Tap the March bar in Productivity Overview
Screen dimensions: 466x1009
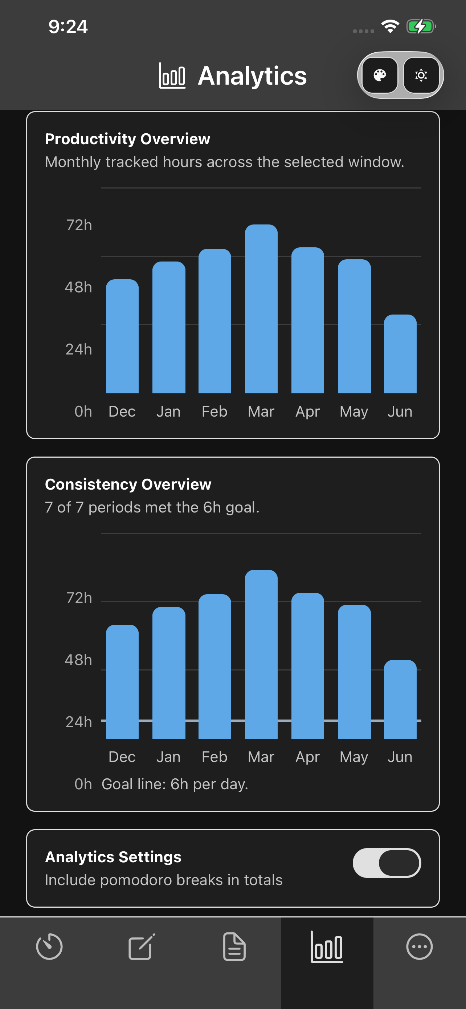pos(261,309)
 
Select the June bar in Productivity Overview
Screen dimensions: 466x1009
pos(400,354)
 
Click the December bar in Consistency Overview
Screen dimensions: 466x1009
pos(122,681)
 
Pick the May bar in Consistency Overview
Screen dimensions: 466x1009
pos(354,671)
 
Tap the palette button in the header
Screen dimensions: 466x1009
pos(380,75)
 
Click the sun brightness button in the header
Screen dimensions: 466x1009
pos(421,75)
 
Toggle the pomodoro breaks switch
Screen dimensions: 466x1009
pos(387,863)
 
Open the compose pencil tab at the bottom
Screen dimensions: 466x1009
pos(142,946)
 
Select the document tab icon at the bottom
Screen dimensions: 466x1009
pos(234,946)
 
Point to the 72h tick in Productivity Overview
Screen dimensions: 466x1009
pos(79,225)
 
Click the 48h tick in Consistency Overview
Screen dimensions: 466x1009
pos(78,660)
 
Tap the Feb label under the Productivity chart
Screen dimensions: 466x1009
pos(214,412)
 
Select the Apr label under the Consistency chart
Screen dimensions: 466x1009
pos(307,757)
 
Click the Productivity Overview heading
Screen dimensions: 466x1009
pos(127,139)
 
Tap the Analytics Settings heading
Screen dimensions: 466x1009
pos(113,857)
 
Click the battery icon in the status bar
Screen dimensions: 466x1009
pos(421,27)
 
